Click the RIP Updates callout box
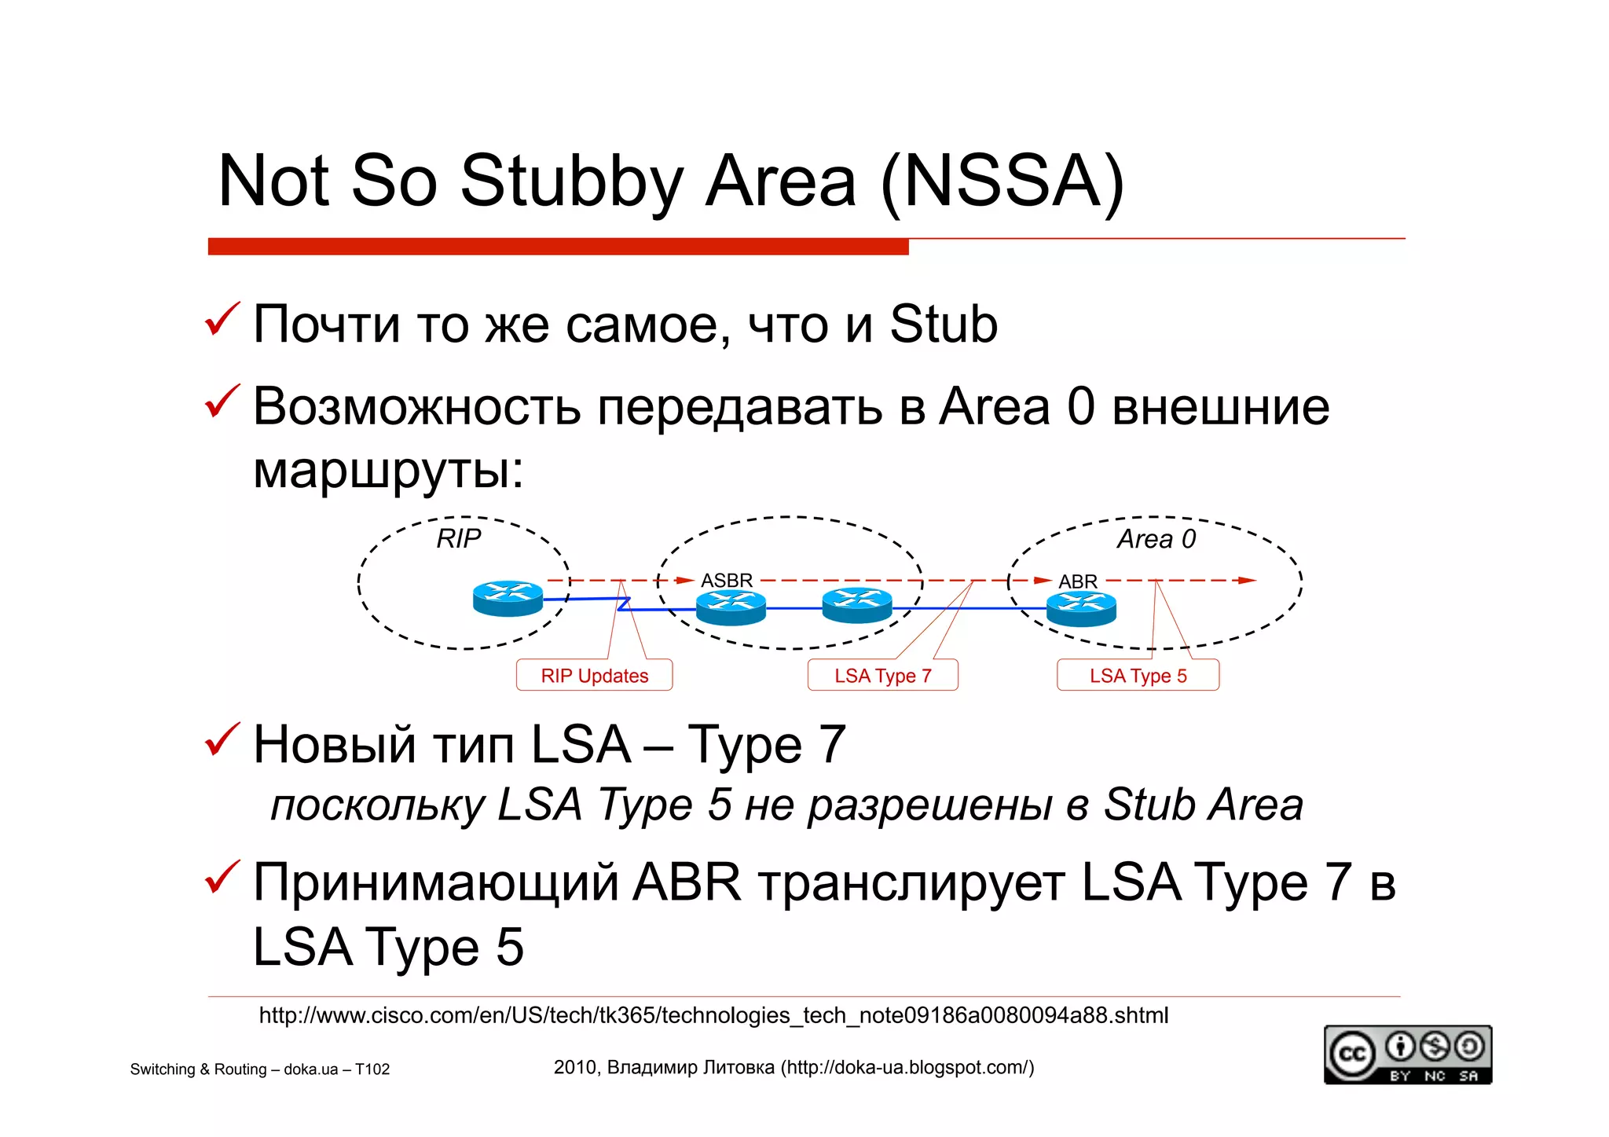594,675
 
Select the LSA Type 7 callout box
882,675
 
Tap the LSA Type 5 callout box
1138,675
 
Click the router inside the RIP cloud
508,599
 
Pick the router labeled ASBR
731,607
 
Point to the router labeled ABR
1081,609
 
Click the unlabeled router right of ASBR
856,605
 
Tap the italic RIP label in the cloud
458,539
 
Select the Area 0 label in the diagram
1156,539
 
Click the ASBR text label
727,580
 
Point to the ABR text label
1077,581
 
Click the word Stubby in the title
571,182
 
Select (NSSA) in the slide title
1002,182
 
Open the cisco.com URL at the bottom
713,1015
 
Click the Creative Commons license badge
1407,1054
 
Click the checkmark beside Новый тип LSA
222,740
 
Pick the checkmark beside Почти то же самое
222,320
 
